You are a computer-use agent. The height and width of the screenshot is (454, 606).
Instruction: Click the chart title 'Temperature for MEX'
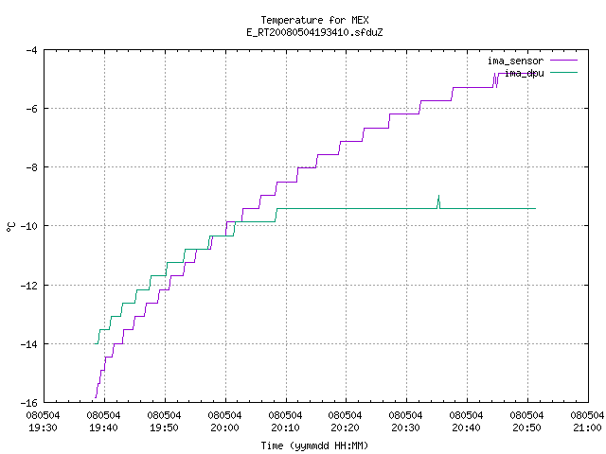(x=314, y=20)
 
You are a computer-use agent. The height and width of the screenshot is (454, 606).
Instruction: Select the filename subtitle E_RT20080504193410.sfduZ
(x=314, y=32)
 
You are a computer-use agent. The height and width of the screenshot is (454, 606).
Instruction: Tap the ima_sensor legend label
(x=515, y=61)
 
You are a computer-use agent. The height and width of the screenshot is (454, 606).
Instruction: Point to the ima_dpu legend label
(x=525, y=73)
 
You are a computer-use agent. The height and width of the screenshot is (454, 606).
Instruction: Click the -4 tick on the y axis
(x=31, y=50)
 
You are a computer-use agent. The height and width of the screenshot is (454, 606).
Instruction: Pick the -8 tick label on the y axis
(x=31, y=167)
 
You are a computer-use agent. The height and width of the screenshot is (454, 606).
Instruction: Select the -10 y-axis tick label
(x=29, y=226)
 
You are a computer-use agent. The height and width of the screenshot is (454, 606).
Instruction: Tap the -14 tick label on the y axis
(x=29, y=344)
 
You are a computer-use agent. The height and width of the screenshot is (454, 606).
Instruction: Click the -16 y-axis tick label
(x=29, y=403)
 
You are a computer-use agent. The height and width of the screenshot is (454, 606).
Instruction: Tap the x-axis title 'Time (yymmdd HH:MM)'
(x=314, y=445)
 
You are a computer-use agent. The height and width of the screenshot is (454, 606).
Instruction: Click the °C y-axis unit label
(x=10, y=227)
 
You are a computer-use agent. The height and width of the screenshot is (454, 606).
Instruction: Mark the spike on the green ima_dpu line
(x=438, y=196)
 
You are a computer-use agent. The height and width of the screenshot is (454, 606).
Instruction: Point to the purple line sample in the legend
(x=563, y=61)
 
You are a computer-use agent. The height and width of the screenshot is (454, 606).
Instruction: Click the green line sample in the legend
(x=563, y=72)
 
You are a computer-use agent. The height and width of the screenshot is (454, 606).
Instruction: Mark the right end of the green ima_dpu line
(x=535, y=208)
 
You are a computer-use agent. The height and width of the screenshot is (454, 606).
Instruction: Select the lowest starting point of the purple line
(x=95, y=397)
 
